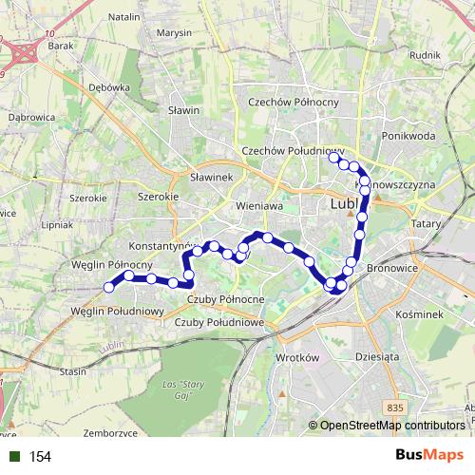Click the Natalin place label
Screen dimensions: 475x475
(124, 17)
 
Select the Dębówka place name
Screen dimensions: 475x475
(110, 86)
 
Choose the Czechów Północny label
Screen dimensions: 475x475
(286, 102)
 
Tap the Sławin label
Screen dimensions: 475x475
(185, 110)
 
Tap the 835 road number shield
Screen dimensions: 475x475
(395, 407)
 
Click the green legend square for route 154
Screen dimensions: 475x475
(12, 457)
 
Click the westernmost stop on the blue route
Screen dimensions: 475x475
(109, 286)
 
